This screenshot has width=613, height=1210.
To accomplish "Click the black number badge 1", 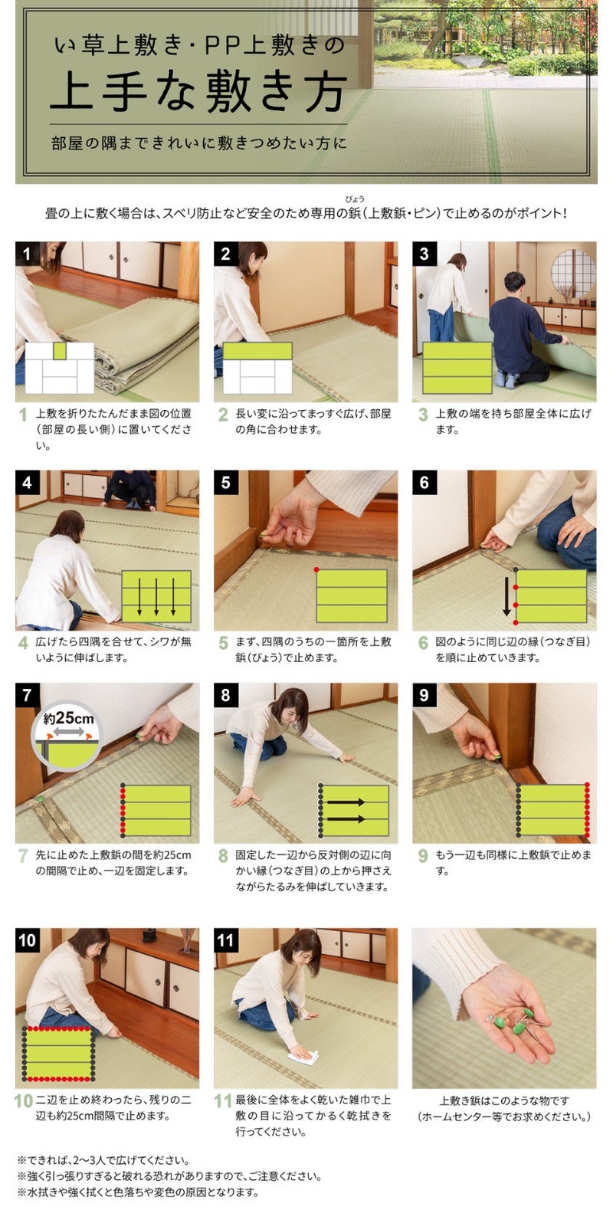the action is point(27,254).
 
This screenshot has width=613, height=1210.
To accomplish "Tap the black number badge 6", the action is point(425,482).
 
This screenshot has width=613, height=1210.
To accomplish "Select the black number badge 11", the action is point(226,940).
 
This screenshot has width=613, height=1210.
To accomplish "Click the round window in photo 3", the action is point(573,274).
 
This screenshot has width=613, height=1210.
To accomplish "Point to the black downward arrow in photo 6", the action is point(506,596).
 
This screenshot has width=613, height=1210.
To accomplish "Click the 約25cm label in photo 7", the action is point(69,719).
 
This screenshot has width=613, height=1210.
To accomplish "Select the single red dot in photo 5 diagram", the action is point(316,570).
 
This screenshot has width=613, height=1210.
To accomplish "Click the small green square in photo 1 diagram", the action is point(60,352).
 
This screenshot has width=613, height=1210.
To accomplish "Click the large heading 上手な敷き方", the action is point(198,93).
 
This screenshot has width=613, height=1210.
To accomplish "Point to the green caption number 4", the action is point(23,643).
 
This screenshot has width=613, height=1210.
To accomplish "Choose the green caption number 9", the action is point(424,856).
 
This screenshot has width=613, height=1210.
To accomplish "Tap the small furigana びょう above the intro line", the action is point(355,199).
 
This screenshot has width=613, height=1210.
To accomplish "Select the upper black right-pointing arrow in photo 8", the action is point(346,802).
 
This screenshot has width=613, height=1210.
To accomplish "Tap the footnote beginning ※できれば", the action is point(103,1160).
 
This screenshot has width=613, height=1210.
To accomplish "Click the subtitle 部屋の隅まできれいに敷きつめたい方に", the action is point(198,143).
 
